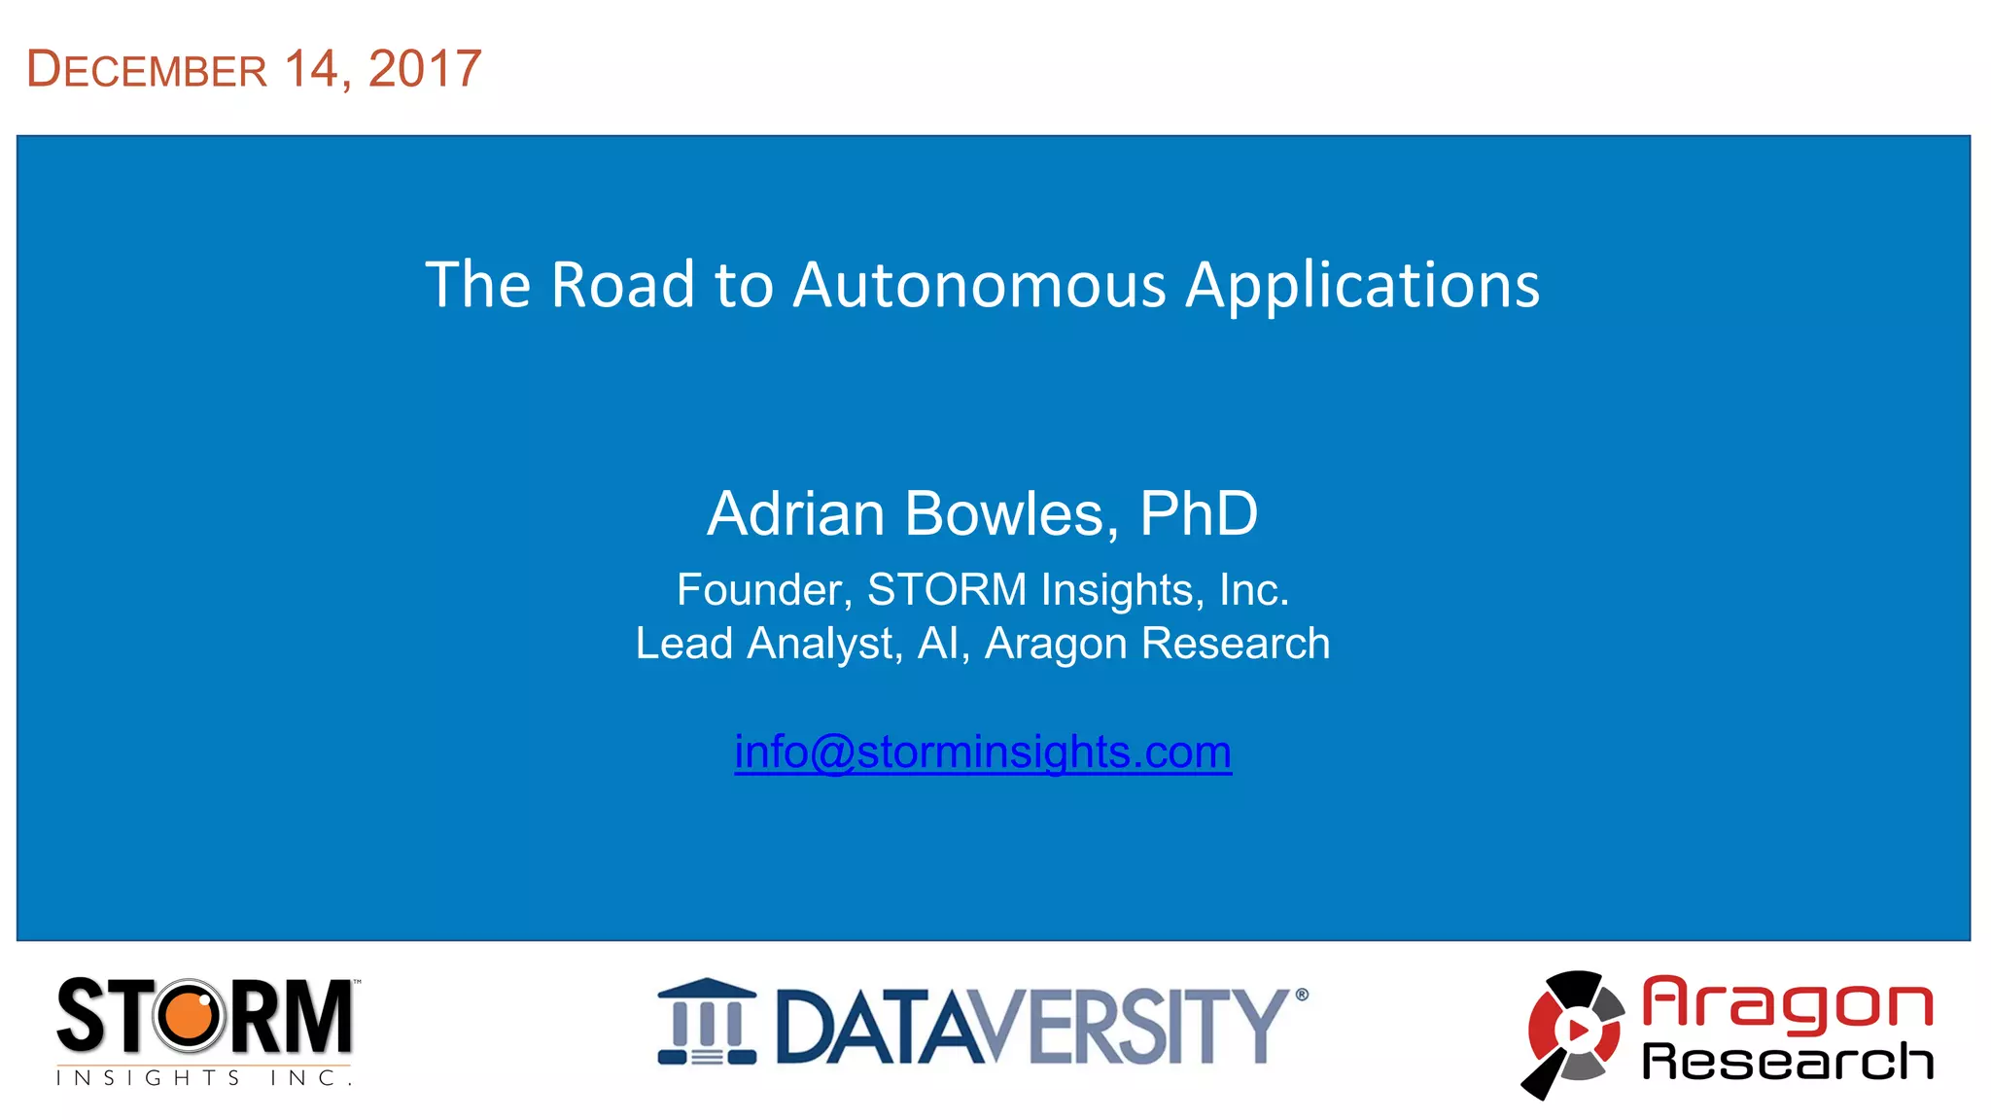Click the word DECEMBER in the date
point(147,70)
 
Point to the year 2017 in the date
point(425,69)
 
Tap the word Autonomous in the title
point(979,286)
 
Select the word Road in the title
point(623,286)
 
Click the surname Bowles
point(1011,513)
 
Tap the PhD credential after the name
point(1198,513)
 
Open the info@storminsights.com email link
point(983,752)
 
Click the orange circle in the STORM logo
point(191,1016)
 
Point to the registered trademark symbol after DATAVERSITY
point(1302,995)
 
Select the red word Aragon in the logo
point(1787,1003)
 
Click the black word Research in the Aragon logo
point(1787,1061)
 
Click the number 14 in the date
point(311,69)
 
